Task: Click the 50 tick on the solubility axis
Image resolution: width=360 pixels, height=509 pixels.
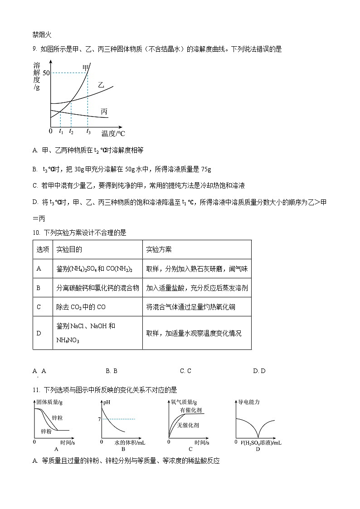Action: pyautogui.click(x=45, y=73)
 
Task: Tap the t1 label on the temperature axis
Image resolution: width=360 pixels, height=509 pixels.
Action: pyautogui.click(x=61, y=131)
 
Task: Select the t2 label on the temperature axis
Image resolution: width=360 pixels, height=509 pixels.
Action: pyautogui.click(x=71, y=131)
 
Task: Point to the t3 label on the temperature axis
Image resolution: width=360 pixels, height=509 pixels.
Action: pyautogui.click(x=88, y=131)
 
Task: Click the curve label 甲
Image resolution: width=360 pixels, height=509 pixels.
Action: pyautogui.click(x=85, y=68)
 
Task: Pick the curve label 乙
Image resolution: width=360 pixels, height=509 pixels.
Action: pyautogui.click(x=101, y=85)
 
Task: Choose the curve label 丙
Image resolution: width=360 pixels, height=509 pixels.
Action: pyautogui.click(x=104, y=111)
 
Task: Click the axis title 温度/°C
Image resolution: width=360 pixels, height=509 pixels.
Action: pyautogui.click(x=113, y=133)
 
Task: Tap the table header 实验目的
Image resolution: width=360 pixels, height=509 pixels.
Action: pyautogui.click(x=69, y=250)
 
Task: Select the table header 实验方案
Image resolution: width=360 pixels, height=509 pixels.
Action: pyautogui.click(x=159, y=250)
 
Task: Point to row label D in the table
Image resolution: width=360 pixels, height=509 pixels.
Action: pyautogui.click(x=39, y=333)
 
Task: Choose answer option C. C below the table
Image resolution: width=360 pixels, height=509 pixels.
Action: pyautogui.click(x=185, y=371)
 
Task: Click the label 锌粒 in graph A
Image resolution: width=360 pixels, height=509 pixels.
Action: pyautogui.click(x=57, y=417)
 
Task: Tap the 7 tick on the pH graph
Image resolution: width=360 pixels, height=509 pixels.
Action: pyautogui.click(x=99, y=419)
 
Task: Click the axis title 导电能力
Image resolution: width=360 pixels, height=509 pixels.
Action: pyautogui.click(x=249, y=402)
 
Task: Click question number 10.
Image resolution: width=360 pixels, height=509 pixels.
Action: pyautogui.click(x=36, y=233)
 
